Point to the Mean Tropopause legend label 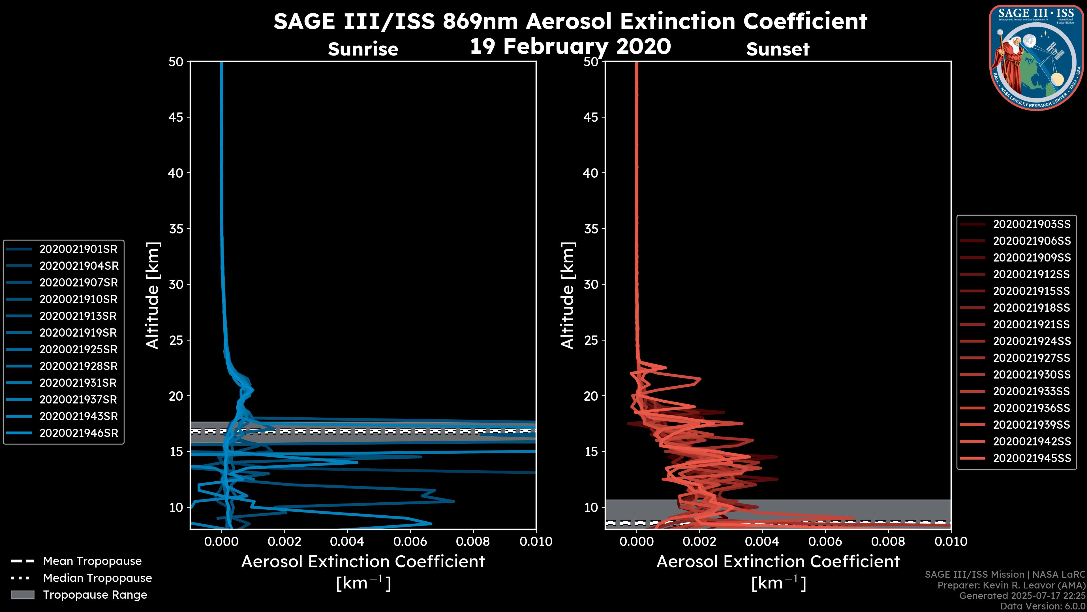92,561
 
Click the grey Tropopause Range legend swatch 22,595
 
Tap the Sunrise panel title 363,49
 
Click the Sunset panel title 778,49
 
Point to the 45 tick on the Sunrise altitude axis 176,117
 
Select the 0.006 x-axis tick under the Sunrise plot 410,541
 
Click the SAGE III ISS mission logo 1036,58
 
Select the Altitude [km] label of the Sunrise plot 153,295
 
